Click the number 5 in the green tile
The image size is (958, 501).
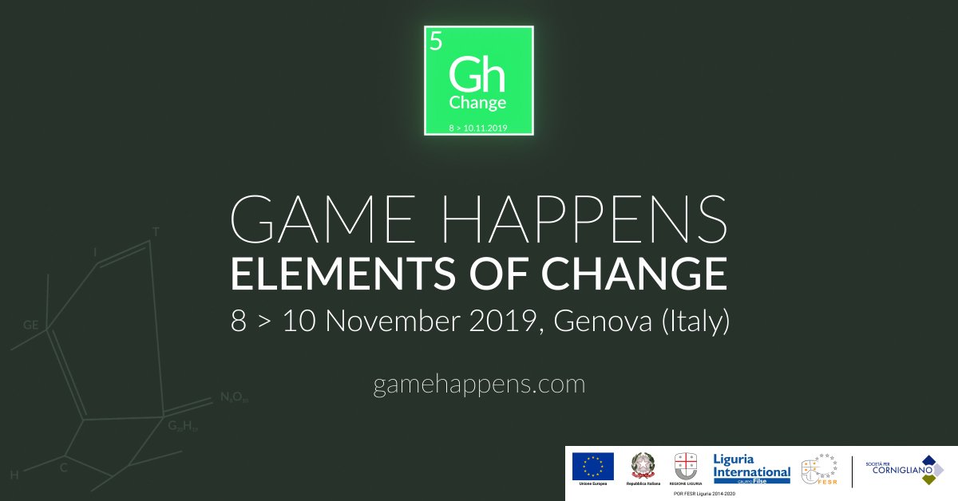point(435,41)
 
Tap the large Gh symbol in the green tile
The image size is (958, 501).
point(477,76)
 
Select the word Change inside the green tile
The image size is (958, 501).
point(477,103)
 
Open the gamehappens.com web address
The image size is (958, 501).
point(479,385)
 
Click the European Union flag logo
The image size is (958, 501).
point(592,466)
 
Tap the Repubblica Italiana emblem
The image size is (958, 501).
point(642,466)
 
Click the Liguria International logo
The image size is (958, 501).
point(751,466)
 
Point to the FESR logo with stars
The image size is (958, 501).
point(818,469)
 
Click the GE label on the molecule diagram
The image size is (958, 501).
point(31,325)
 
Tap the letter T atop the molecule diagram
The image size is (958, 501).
point(156,232)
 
